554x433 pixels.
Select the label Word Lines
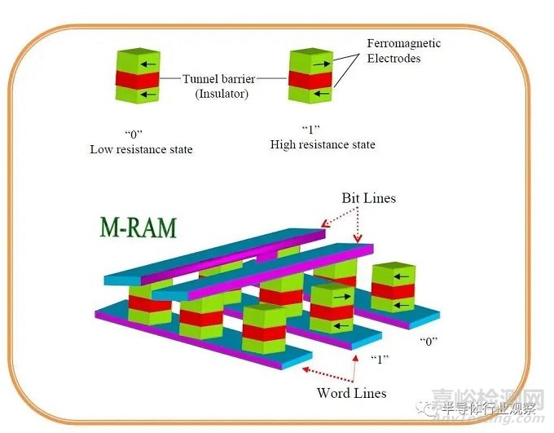pos(351,393)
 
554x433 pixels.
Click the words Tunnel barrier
pos(218,80)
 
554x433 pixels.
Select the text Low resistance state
pos(141,150)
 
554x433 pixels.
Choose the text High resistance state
pos(323,144)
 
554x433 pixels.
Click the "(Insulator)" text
pos(222,95)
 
